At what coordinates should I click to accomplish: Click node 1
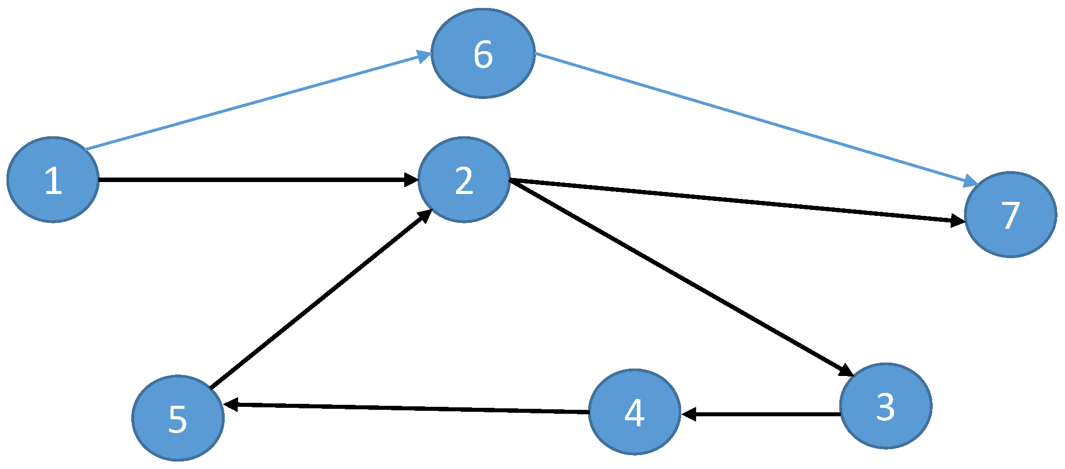[53, 180]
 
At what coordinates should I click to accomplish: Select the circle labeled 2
[464, 180]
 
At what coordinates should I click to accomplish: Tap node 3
[886, 406]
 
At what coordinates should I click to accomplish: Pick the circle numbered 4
[634, 412]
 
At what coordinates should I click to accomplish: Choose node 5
[178, 418]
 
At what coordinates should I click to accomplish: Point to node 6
[483, 53]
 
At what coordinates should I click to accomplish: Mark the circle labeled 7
[1010, 214]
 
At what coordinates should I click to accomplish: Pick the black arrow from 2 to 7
[736, 200]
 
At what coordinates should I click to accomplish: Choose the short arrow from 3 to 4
[761, 414]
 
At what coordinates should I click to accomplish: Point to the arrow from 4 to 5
[405, 408]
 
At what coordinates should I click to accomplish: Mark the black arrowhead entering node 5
[231, 404]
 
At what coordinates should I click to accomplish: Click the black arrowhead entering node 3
[845, 371]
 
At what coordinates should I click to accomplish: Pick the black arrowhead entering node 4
[689, 414]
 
